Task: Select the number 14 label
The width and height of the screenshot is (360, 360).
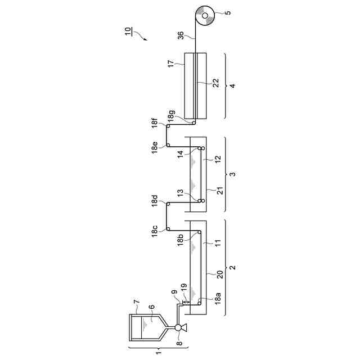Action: (x=181, y=153)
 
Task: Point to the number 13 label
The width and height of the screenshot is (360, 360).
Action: (x=180, y=193)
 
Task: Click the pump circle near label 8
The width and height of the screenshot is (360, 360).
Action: (x=178, y=328)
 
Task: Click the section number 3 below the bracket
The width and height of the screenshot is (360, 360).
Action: (x=233, y=173)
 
